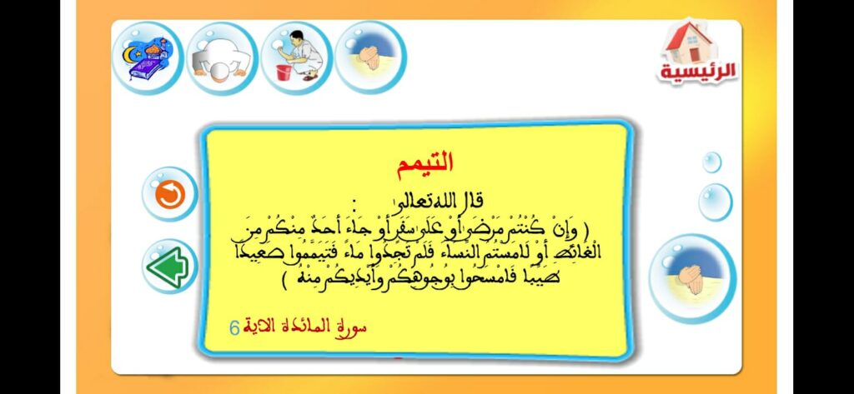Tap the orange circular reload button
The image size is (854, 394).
[x=169, y=194]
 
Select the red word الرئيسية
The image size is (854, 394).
[x=687, y=72]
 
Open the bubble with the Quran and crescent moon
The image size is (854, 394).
[x=147, y=57]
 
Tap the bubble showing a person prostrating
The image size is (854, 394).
[x=221, y=57]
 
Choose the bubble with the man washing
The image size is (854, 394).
[x=295, y=57]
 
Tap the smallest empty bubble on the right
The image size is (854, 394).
[x=711, y=162]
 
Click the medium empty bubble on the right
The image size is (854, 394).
[x=715, y=202]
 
